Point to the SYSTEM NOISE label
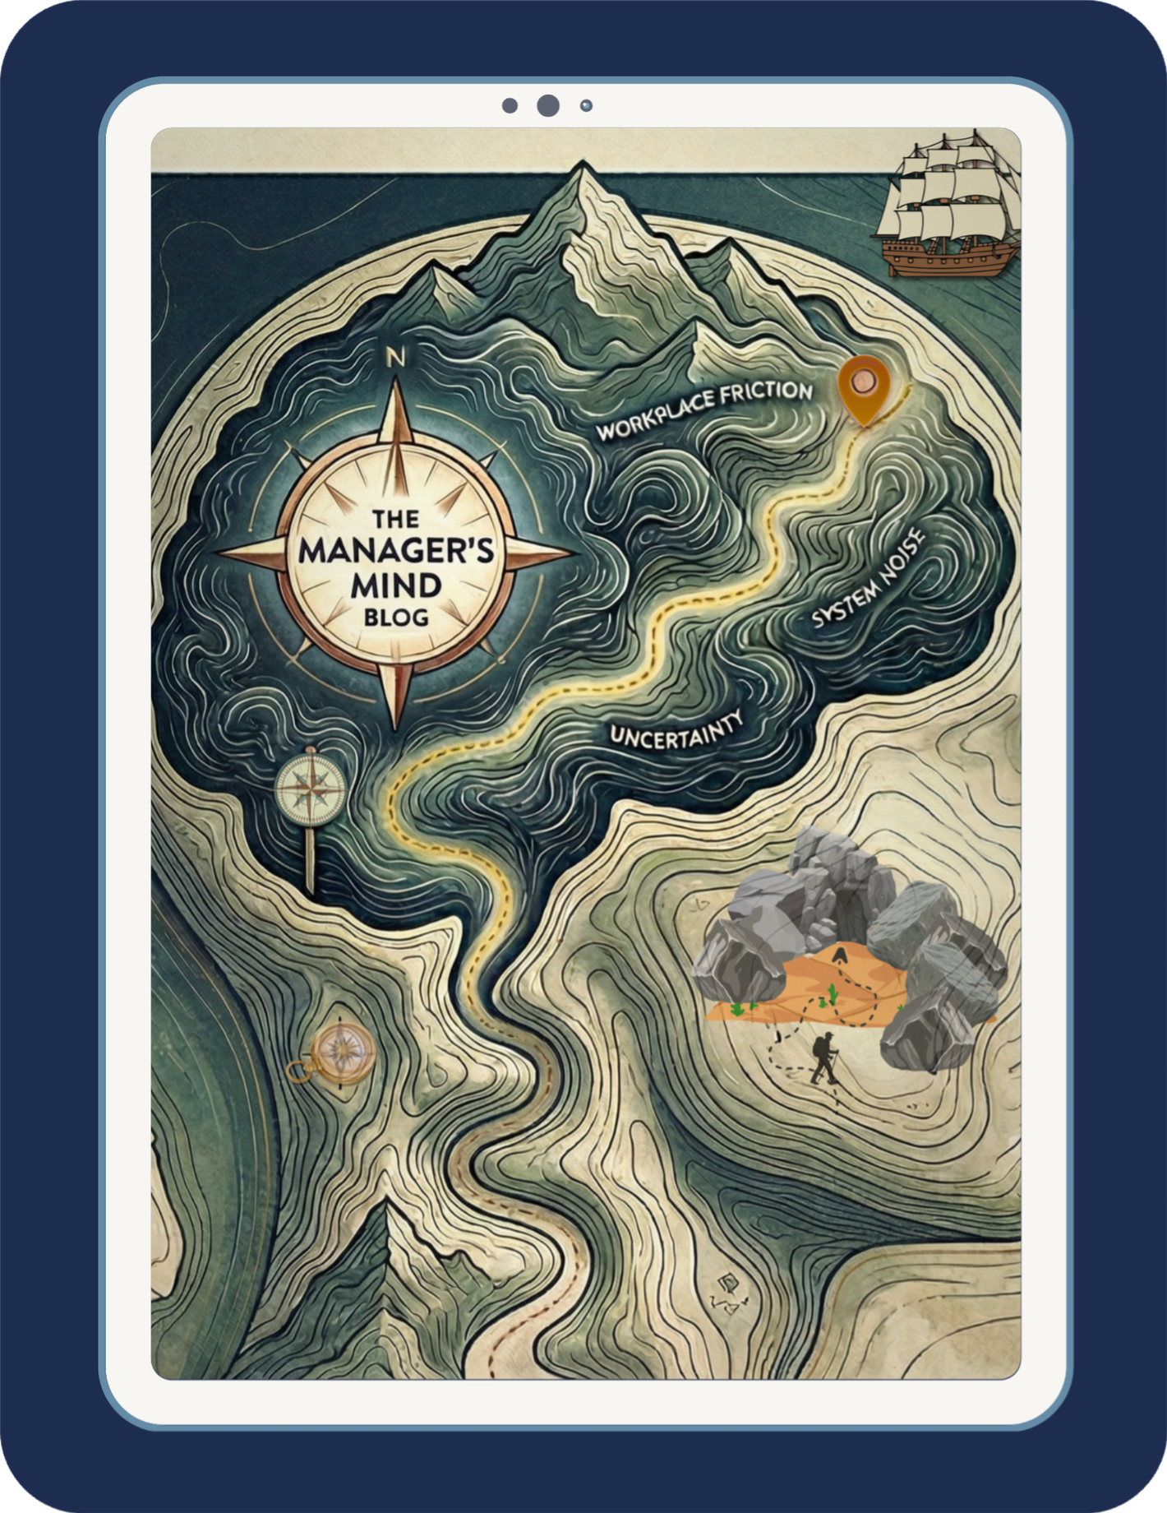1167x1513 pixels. [x=868, y=580]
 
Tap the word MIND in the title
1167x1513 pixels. [x=395, y=585]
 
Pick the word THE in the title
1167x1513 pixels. [x=395, y=520]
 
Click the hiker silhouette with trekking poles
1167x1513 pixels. [x=822, y=1060]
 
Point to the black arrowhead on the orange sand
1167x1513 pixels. [x=839, y=954]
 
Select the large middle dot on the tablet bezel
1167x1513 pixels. [x=548, y=105]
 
